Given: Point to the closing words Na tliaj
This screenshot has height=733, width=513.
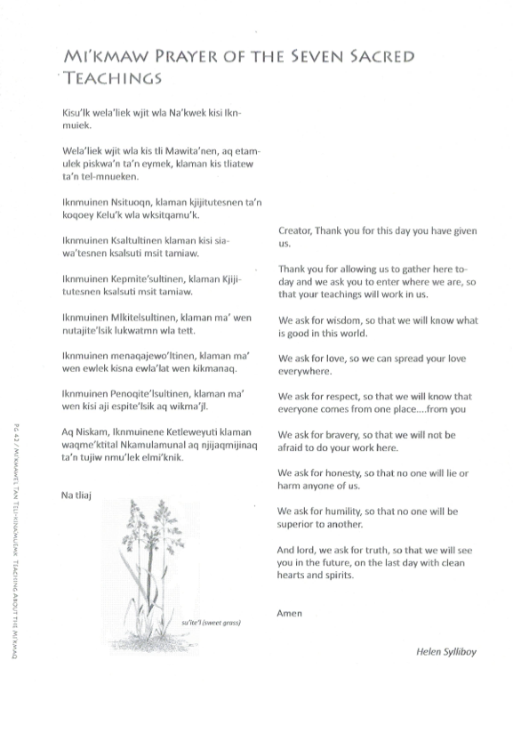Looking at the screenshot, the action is click(x=78, y=494).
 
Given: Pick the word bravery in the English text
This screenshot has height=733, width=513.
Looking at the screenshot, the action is click(x=344, y=435).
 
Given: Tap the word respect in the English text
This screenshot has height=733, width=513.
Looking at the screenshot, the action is click(x=343, y=397).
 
